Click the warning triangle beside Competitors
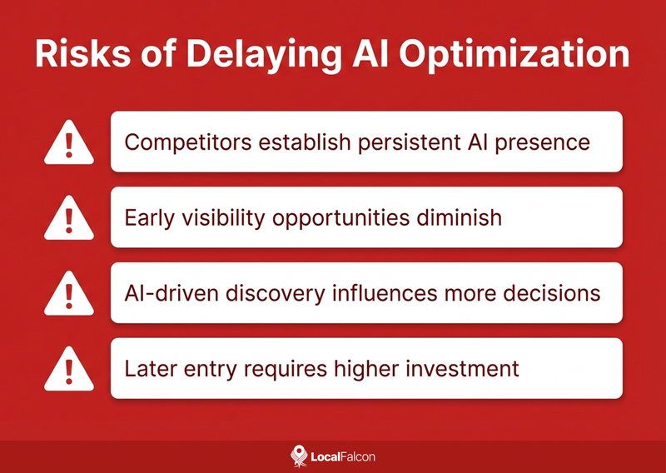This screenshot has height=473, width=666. (x=69, y=143)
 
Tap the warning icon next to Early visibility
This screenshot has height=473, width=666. (x=69, y=219)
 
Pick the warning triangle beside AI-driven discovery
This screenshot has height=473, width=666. (x=69, y=294)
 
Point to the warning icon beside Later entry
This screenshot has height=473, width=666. (x=69, y=369)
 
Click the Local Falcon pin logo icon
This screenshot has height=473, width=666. (x=298, y=456)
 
